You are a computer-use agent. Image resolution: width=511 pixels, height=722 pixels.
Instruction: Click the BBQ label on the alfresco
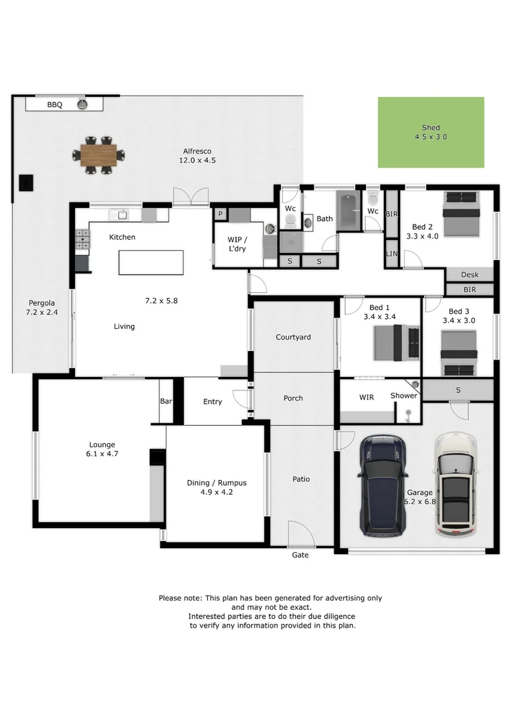pos(54,105)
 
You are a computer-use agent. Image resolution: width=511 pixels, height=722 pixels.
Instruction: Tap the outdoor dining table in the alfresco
pos(98,155)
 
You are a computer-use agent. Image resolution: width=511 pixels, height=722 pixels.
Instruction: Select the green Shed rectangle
pos(431,132)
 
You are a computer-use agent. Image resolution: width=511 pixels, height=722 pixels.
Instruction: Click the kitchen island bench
pos(150,262)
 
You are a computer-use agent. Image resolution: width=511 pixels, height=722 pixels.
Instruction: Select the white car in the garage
pos(456,485)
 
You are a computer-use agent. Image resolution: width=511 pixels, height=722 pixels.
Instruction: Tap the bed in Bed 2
pos(462,214)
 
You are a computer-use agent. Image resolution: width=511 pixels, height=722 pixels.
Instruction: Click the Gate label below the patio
pos(300,556)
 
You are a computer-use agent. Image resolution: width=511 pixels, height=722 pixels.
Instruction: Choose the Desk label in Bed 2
pos(470,275)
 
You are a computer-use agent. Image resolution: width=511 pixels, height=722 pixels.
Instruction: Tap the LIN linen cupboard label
pos(392,255)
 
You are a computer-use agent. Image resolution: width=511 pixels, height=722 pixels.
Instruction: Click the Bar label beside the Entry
pos(165,402)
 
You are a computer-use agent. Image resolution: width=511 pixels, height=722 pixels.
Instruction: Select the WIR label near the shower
pos(367,397)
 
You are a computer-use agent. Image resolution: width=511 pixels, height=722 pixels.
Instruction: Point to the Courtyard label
pos(293,338)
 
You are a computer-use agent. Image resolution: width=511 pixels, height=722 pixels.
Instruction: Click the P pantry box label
pos(220,214)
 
